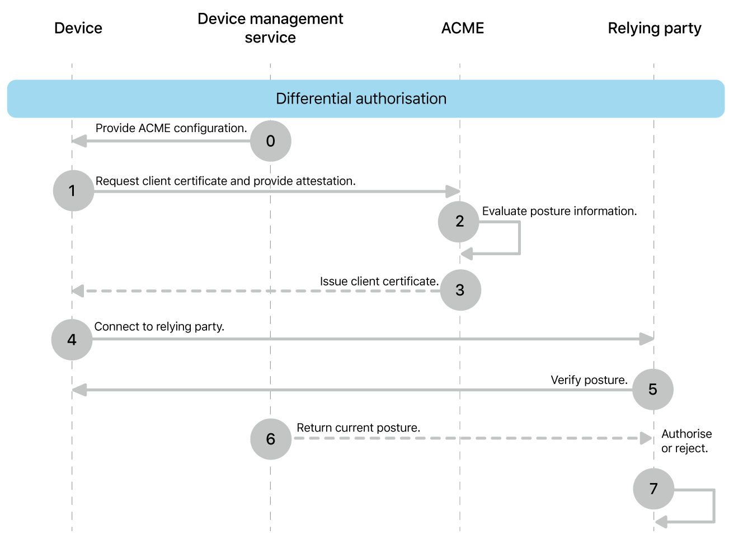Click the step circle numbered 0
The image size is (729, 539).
270,141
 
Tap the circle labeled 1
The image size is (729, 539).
73,191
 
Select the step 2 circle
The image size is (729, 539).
459,222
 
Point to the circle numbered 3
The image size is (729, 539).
460,290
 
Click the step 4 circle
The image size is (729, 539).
72,340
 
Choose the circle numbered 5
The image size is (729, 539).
653,390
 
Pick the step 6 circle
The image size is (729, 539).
271,439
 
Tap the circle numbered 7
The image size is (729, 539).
653,489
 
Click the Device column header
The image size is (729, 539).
78,28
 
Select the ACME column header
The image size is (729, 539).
462,28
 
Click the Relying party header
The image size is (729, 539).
654,28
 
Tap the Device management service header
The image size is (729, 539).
270,28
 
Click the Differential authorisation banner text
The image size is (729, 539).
361,99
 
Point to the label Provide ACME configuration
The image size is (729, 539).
171,128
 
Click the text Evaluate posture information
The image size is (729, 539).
559,211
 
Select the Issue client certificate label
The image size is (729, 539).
379,282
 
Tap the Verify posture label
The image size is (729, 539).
589,380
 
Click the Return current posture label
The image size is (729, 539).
358,428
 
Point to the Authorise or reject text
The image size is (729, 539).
686,441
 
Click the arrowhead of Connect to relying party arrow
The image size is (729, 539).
647,339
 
